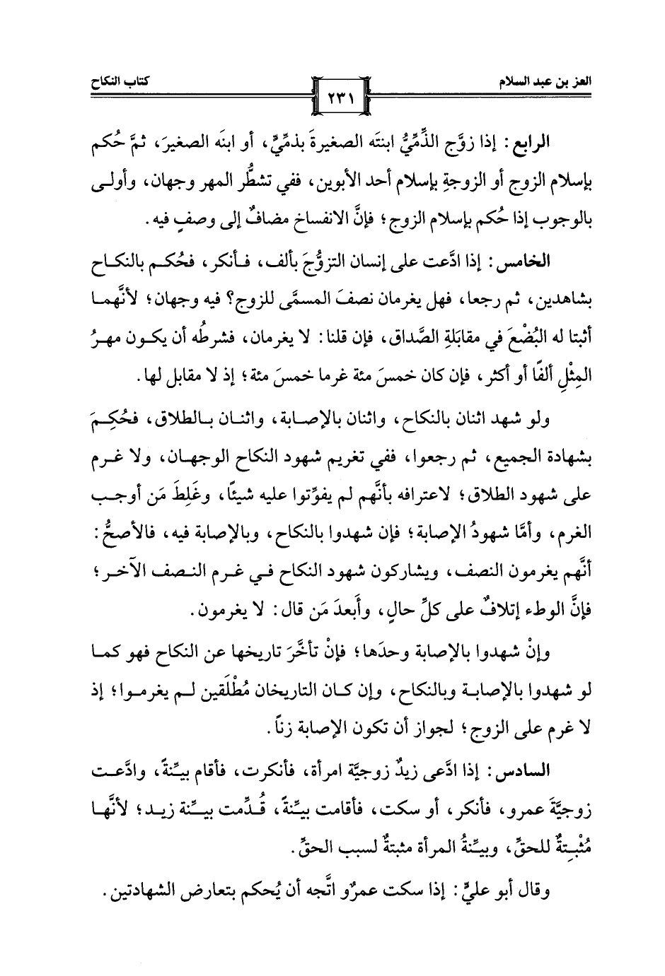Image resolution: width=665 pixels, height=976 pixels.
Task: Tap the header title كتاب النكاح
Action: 108,83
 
